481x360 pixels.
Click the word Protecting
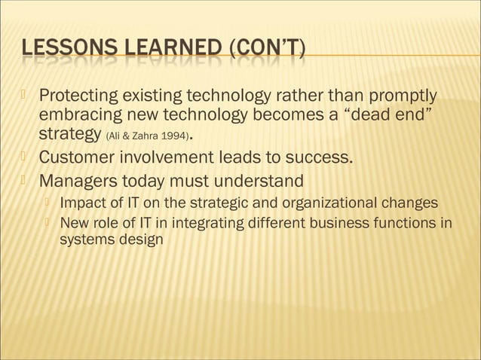coord(80,97)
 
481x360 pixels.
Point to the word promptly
coord(401,97)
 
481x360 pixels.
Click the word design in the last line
coord(142,241)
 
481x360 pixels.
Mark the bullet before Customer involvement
coord(23,157)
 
